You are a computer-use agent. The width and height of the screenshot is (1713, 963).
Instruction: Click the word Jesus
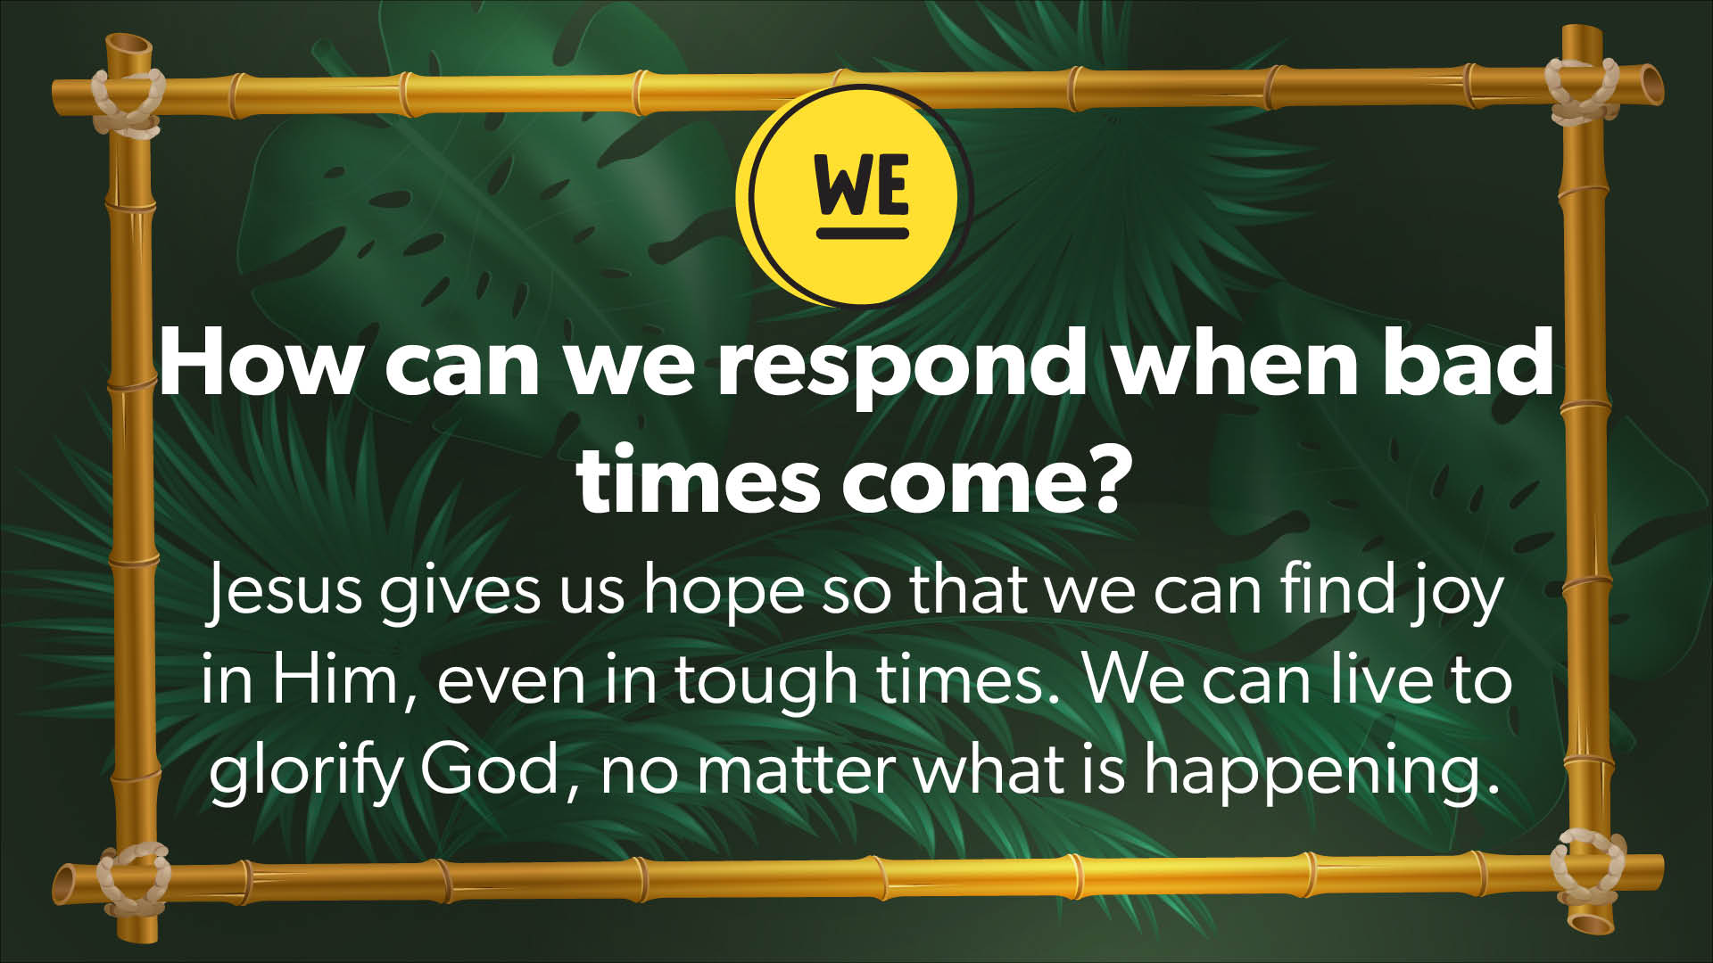click(284, 590)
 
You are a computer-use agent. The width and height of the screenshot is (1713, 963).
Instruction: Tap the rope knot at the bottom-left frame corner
click(134, 878)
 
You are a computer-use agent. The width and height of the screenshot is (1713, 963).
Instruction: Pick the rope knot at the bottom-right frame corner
click(1588, 866)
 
